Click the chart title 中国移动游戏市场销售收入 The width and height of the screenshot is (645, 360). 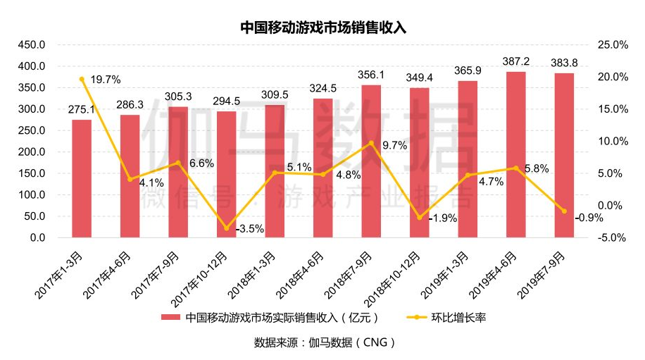pos(323,27)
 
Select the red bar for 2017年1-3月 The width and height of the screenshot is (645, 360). pos(82,179)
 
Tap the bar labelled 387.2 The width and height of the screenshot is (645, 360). pos(515,155)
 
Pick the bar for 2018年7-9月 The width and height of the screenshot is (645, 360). pos(371,161)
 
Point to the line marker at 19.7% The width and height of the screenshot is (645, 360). pos(82,79)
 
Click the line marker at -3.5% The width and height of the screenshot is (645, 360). pos(227,228)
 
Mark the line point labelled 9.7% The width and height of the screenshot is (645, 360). pos(371,143)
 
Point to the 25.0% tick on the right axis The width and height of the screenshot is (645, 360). pos(612,45)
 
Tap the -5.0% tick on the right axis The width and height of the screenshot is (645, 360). pos(612,238)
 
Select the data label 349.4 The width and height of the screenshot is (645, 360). pos(420,76)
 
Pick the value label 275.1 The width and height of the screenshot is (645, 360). pos(82,109)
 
